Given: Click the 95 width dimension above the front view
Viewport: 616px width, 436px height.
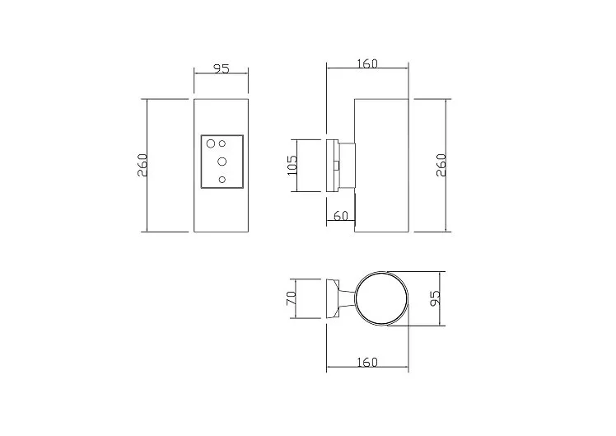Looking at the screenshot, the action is (x=222, y=68).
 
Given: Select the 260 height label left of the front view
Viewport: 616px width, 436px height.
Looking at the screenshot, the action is (x=142, y=165).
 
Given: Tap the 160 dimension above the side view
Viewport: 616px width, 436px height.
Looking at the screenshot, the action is (x=368, y=63).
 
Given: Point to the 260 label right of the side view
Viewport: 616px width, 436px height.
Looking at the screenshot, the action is (x=441, y=165).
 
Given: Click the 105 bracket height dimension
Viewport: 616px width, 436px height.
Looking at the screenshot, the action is (x=292, y=165).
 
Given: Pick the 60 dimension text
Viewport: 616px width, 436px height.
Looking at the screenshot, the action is (x=341, y=216).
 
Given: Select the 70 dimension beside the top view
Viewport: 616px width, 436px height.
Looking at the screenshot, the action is (x=291, y=298).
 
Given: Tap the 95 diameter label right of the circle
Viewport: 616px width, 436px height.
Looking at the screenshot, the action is (x=435, y=298).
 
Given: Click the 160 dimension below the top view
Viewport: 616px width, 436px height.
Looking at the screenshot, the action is (x=368, y=362).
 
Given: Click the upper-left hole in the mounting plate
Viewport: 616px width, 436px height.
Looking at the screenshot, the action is (x=211, y=143).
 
